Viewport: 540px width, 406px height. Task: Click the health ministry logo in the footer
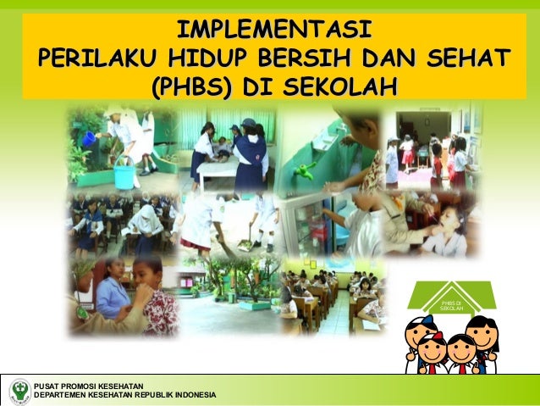pos(18,391)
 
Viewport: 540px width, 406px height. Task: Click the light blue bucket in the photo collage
pos(124,176)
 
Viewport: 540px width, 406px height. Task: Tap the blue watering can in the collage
pos(89,138)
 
